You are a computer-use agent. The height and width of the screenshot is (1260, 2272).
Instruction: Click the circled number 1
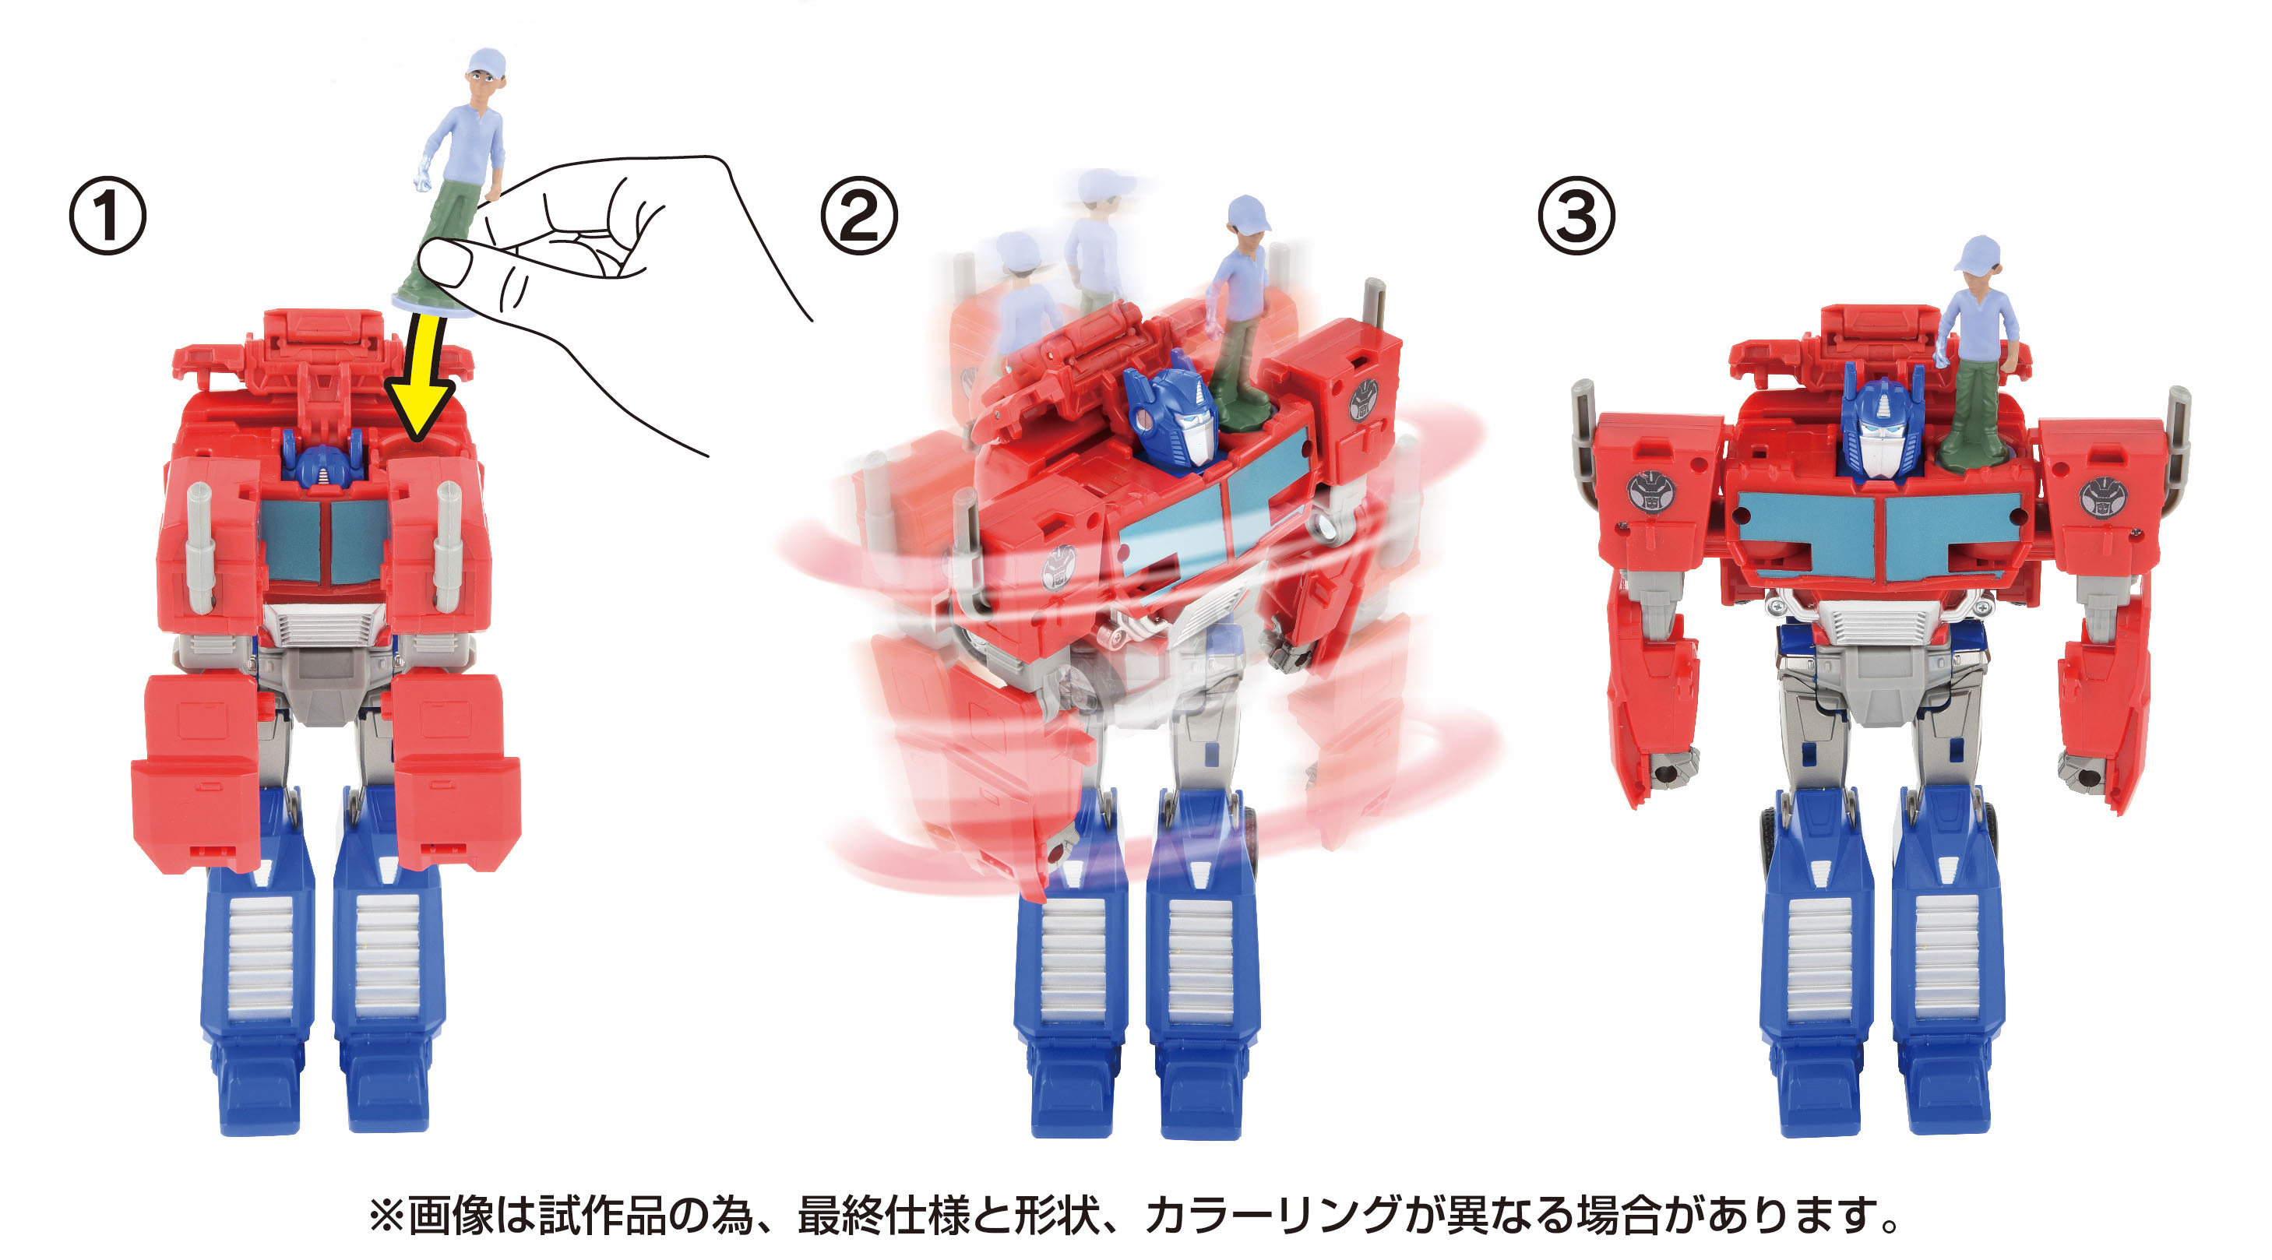[107, 216]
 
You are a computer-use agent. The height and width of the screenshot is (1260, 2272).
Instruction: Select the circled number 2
[859, 216]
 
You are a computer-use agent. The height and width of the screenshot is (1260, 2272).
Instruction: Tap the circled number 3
[1577, 216]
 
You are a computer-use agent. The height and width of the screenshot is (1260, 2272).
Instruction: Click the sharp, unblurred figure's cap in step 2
[1249, 213]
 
